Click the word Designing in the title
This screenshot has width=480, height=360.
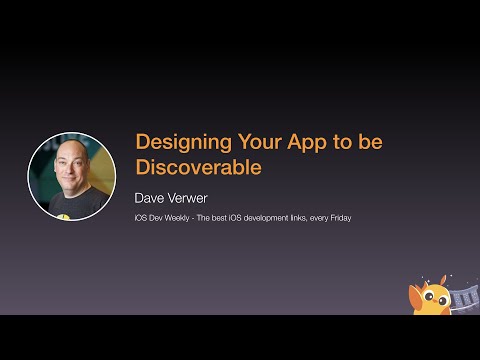[176, 142]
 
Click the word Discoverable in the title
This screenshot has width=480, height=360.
[198, 167]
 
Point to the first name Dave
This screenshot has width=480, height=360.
[154, 197]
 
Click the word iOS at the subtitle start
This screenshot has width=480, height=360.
[140, 217]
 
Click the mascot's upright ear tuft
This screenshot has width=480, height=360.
[446, 279]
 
